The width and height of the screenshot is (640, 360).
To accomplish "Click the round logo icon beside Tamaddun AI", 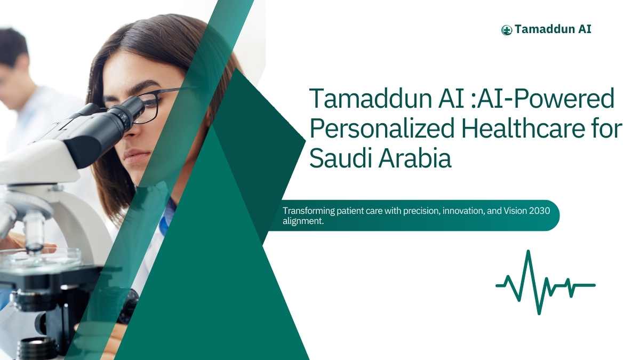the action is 507,30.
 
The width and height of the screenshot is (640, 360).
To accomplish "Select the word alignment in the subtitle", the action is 302,221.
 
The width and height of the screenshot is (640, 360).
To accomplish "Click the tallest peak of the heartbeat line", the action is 529,251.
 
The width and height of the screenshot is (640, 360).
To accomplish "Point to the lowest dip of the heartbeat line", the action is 539,313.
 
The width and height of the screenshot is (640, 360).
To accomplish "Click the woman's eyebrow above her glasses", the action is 145,85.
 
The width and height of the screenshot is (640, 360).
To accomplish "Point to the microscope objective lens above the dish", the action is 34,231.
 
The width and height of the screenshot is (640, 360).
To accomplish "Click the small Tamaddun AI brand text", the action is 553,29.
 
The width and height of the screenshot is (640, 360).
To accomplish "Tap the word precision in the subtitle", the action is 421,211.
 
